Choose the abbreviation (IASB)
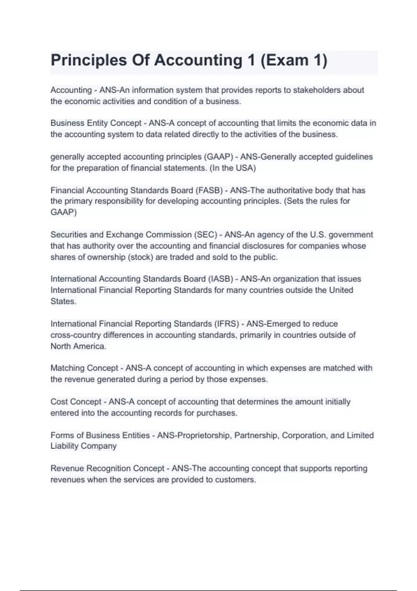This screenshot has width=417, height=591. (220, 279)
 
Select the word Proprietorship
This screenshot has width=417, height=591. (204, 435)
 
